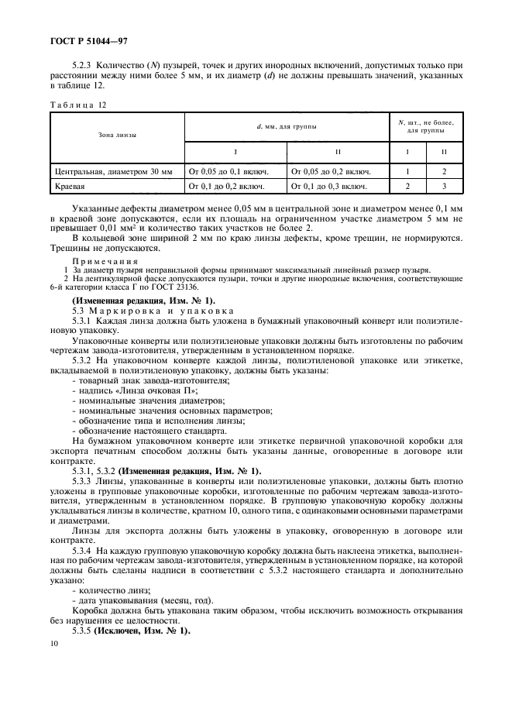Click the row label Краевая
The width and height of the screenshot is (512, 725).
(70, 187)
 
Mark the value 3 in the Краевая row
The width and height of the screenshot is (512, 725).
(444, 187)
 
